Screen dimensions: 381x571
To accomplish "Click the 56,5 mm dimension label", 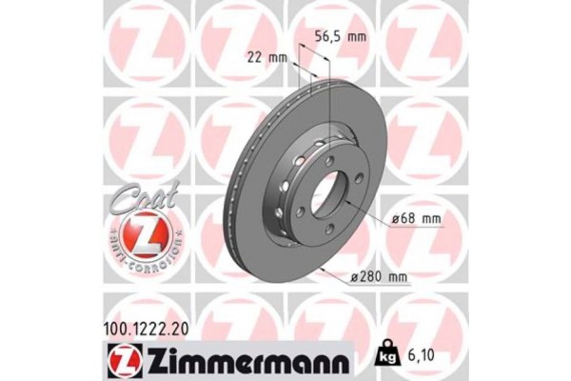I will pyautogui.click(x=340, y=37).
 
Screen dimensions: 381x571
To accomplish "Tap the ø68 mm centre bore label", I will pyautogui.click(x=420, y=221).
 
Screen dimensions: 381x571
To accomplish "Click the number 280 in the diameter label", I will pyautogui.click(x=375, y=276).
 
